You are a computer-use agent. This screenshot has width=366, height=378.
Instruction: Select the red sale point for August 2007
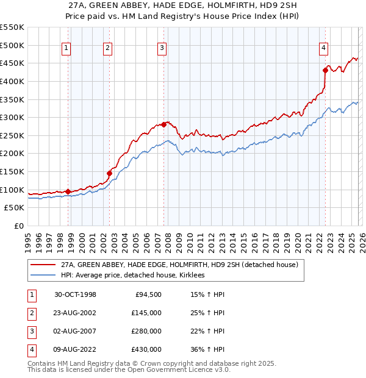coord(163,124)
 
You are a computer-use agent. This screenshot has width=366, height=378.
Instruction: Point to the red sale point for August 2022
coord(325,70)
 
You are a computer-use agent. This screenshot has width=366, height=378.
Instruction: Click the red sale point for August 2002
coord(110,173)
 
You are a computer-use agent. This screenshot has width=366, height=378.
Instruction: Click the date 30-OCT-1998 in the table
coord(75,294)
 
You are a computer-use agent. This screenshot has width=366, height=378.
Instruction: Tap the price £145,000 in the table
coord(146,313)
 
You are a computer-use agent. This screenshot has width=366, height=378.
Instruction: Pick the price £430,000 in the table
coord(146,349)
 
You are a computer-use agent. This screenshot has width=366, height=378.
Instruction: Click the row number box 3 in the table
coord(32,331)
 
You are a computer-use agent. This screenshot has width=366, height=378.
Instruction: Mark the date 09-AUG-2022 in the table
coord(76,349)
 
